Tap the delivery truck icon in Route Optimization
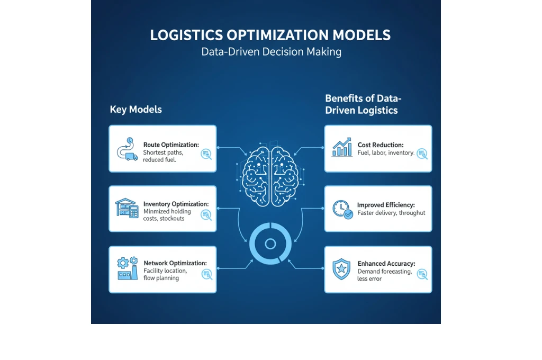[x=131, y=157]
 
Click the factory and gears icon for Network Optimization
[x=127, y=268]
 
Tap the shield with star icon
[x=341, y=269]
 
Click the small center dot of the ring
[x=270, y=244]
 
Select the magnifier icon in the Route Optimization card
[x=206, y=154]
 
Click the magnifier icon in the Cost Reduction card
[x=422, y=154]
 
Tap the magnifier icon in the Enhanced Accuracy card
[x=422, y=274]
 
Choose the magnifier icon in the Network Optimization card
[x=206, y=274]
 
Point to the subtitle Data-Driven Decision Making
[x=271, y=52]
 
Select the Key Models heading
[x=136, y=110]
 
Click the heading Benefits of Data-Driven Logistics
[x=363, y=104]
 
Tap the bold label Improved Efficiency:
[x=386, y=205]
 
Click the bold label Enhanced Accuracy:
[x=386, y=263]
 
